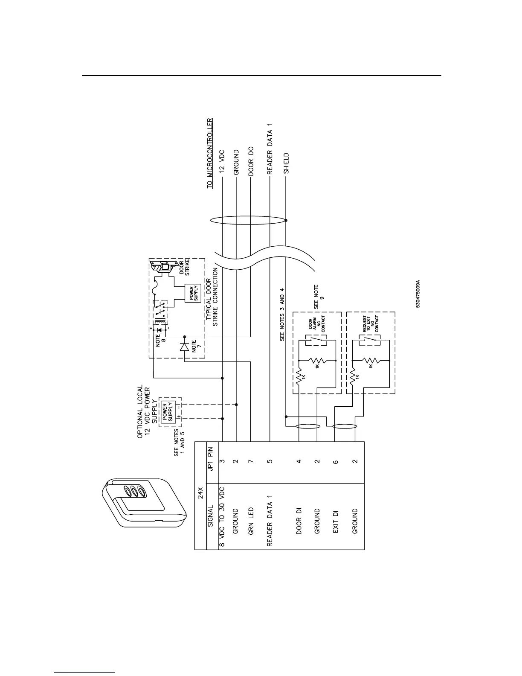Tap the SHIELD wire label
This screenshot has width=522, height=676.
[286, 163]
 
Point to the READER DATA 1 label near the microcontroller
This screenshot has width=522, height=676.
[270, 149]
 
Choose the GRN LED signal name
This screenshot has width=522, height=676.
[251, 521]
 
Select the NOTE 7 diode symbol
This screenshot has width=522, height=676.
[184, 347]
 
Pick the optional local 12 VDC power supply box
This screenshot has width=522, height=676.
[167, 411]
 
